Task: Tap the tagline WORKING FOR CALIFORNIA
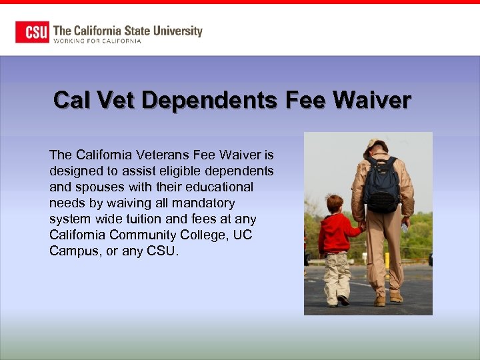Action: coord(97,41)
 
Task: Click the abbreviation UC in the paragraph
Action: coord(243,235)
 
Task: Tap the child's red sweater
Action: coord(335,234)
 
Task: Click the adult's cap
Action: coord(378,144)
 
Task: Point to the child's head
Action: coord(335,203)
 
